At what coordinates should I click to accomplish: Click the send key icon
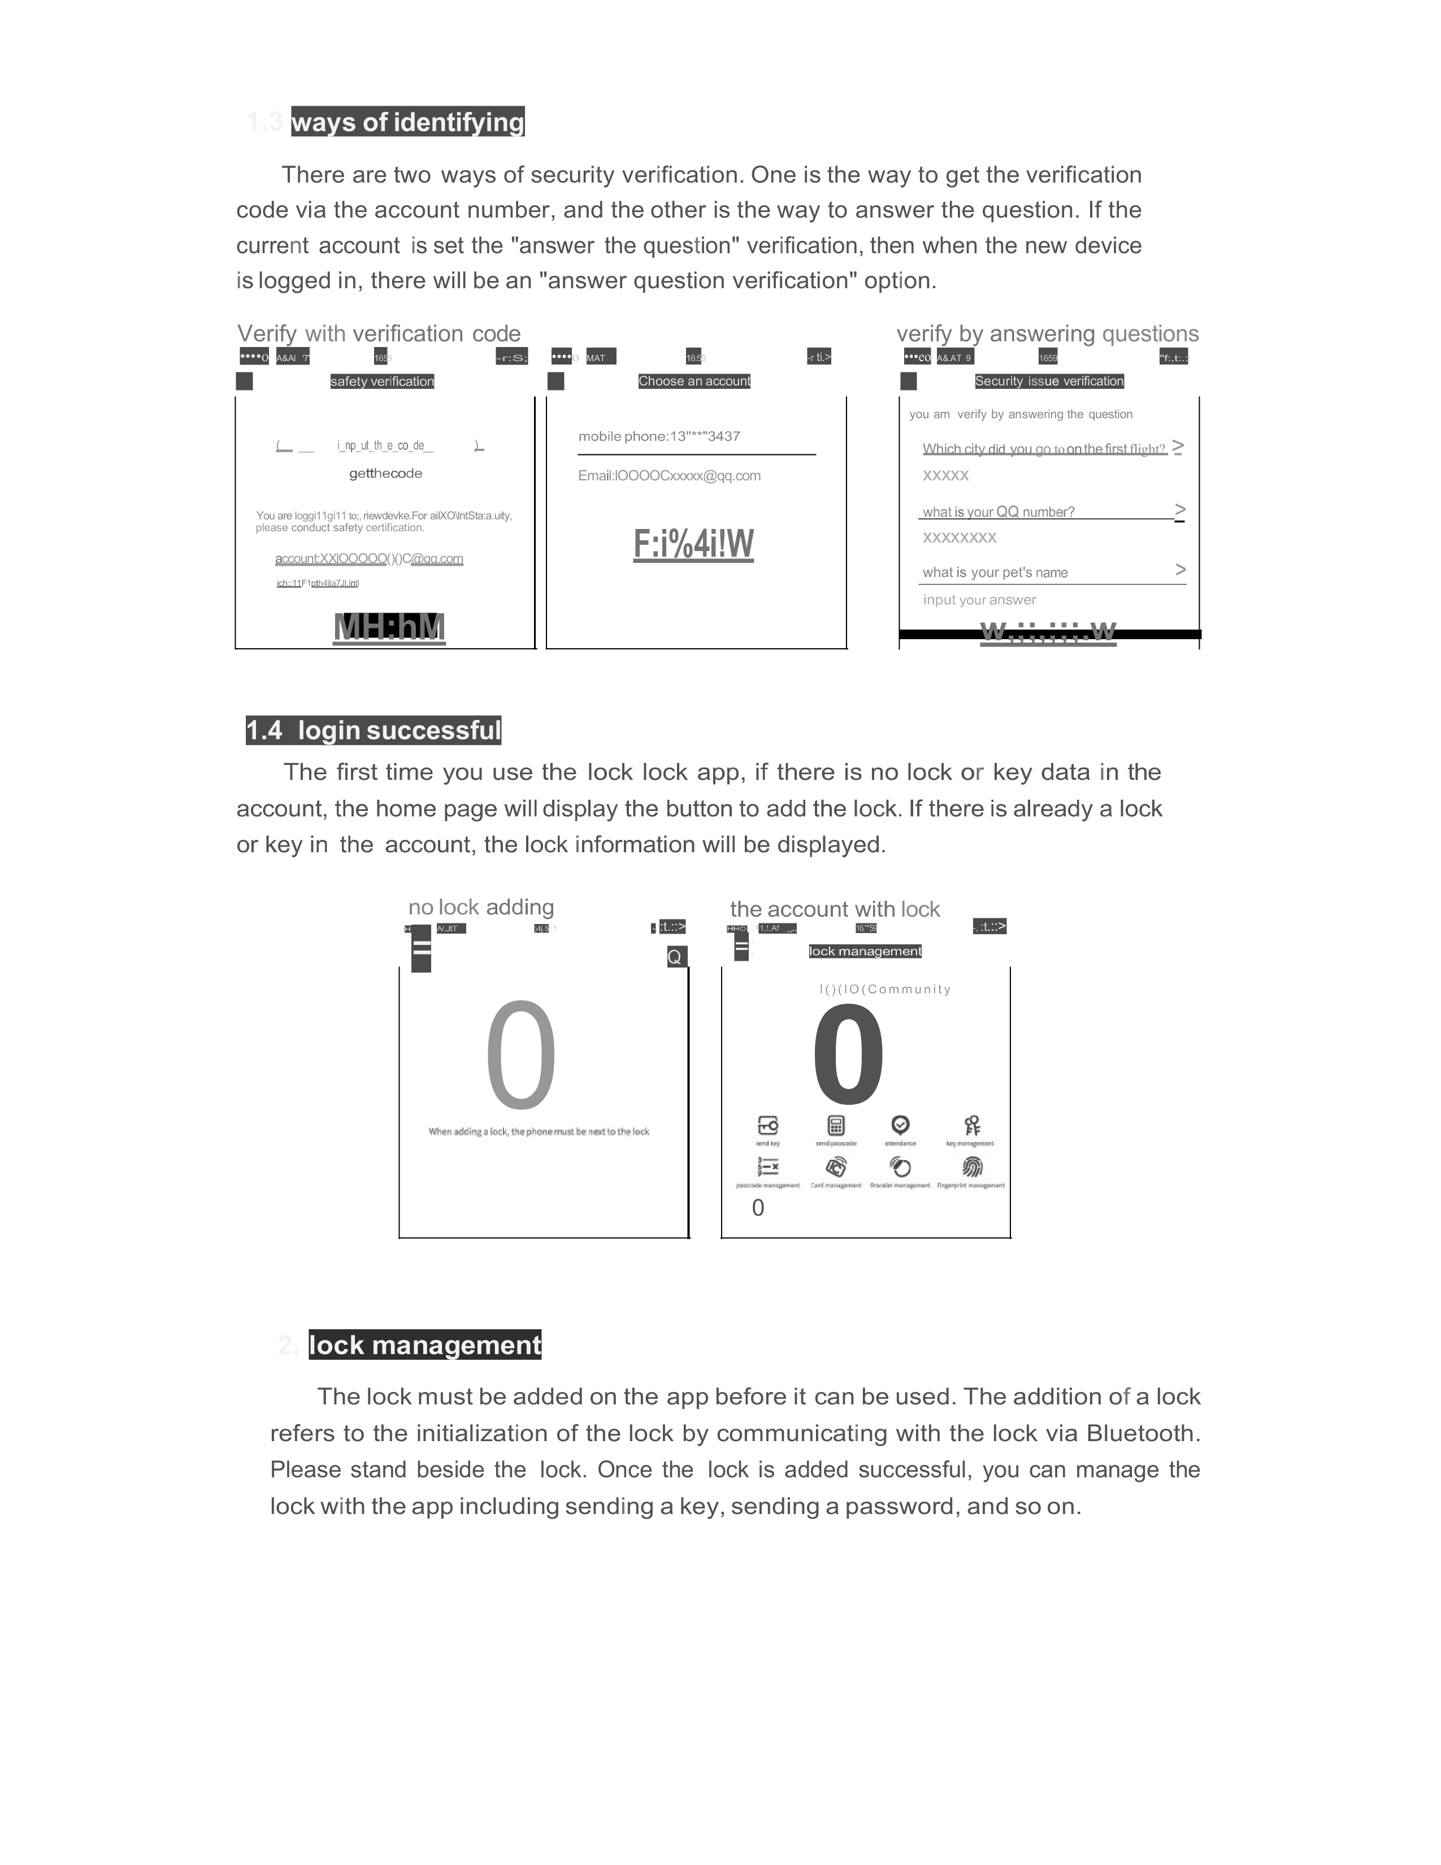point(767,1125)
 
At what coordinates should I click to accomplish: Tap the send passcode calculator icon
point(836,1125)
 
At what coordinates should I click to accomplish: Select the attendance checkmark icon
point(900,1125)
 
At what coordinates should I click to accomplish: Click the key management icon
point(971,1125)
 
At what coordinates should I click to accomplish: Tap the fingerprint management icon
point(971,1166)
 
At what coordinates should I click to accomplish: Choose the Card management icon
point(836,1166)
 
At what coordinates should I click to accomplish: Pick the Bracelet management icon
point(900,1166)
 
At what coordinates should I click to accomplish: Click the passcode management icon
point(767,1166)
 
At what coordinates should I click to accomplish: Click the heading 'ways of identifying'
point(407,122)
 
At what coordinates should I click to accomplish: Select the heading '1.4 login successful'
point(373,730)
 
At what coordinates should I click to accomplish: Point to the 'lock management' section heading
point(424,1345)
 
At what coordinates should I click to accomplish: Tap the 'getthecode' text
point(385,473)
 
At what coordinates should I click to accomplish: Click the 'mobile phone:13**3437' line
point(659,436)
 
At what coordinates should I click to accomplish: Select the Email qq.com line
point(669,476)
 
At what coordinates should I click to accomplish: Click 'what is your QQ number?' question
point(998,511)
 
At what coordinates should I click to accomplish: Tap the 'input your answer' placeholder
point(979,600)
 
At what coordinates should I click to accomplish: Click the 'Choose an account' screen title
point(694,381)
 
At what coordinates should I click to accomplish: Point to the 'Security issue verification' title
point(1049,381)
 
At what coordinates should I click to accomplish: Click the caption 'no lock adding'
point(481,907)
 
